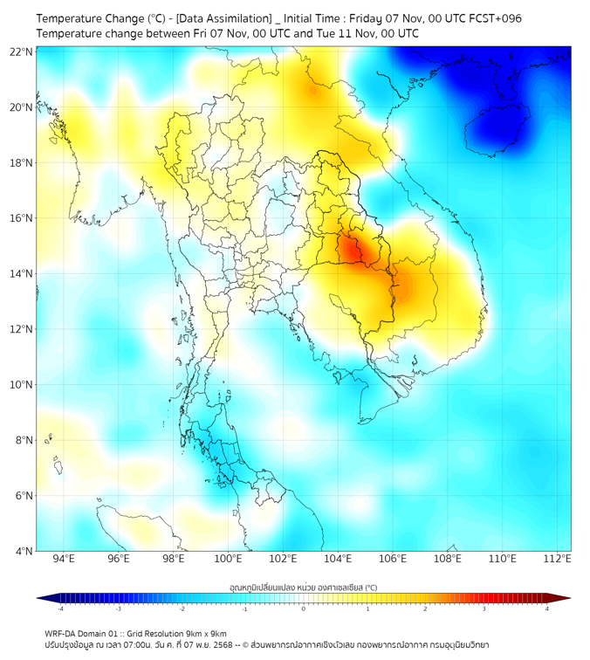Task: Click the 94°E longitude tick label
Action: [x=64, y=560]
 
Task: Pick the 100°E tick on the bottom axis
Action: [x=229, y=560]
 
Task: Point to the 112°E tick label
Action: [x=558, y=560]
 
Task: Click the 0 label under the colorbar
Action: [x=304, y=608]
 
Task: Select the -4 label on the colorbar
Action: [x=60, y=608]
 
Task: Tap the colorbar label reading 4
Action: [x=547, y=608]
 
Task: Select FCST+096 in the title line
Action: [x=492, y=18]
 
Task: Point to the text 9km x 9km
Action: [x=202, y=633]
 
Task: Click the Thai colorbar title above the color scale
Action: [x=304, y=587]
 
